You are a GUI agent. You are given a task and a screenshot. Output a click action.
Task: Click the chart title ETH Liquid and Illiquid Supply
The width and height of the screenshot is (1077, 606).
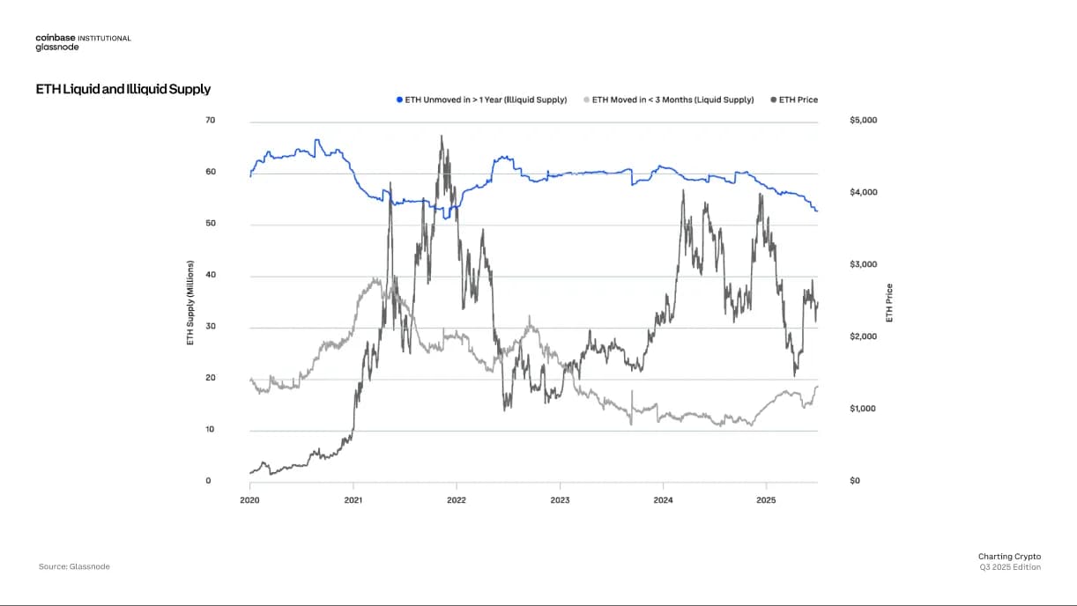point(123,89)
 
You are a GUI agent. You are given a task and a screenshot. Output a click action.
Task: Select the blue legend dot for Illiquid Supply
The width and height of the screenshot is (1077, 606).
point(399,100)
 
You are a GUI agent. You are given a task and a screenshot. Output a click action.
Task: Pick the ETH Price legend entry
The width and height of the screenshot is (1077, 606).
point(797,100)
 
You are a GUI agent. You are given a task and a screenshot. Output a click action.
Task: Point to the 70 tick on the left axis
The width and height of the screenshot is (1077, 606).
point(210,120)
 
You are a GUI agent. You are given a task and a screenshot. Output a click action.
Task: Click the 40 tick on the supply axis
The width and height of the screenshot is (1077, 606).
point(210,275)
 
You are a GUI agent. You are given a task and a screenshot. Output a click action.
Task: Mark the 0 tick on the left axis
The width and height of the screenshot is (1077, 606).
point(208,482)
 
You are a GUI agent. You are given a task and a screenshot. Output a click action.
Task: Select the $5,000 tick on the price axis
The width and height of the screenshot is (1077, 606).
point(863,120)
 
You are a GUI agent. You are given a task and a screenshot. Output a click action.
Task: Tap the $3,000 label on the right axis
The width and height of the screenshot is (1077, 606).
point(863,264)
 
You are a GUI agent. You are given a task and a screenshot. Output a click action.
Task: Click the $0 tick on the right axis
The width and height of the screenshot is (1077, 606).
point(854,482)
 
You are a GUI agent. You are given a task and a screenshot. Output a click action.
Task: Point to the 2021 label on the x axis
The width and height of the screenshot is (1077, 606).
point(353,499)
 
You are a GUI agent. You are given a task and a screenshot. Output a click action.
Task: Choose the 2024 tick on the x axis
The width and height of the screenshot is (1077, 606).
point(664,499)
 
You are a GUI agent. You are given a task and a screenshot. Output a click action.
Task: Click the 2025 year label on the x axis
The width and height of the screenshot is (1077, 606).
point(767,499)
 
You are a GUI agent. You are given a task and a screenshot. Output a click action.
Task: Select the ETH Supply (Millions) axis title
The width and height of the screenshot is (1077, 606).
point(190,301)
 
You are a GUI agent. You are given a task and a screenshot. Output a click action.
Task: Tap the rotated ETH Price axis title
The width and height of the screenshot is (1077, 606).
point(889,302)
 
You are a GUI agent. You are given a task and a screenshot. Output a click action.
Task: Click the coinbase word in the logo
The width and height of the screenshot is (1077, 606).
point(55,38)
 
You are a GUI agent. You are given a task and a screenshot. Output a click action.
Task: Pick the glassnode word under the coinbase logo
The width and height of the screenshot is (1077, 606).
point(56,48)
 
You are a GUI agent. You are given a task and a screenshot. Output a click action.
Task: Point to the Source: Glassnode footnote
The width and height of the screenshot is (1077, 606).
point(74,566)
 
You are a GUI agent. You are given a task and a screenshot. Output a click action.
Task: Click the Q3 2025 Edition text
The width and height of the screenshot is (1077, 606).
point(1010,567)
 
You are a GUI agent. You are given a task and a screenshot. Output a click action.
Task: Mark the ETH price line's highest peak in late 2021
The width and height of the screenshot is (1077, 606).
point(441,136)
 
